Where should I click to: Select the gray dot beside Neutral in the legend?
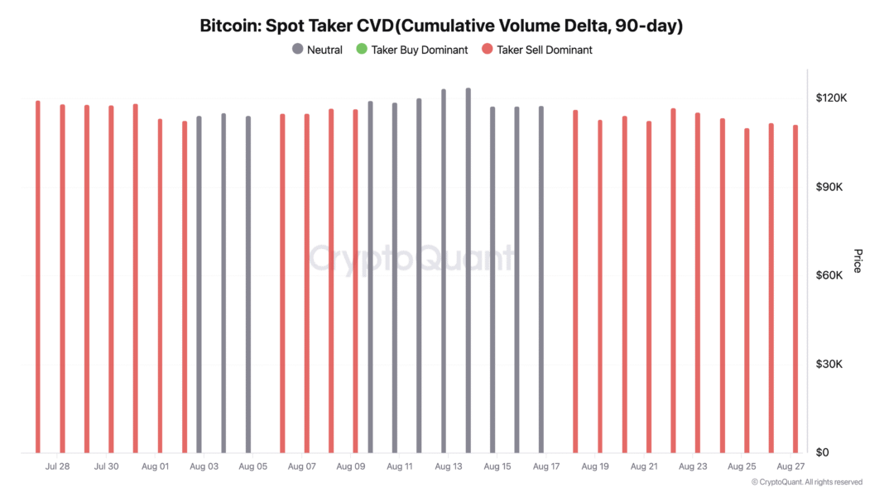(x=298, y=50)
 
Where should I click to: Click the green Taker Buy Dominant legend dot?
(x=361, y=50)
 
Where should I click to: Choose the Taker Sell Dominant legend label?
(x=544, y=50)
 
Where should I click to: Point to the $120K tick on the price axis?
(x=830, y=98)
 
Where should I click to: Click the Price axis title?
(x=858, y=260)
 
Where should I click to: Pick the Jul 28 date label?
(x=58, y=466)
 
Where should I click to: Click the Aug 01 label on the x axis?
(x=155, y=466)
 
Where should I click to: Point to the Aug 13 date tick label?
(x=447, y=466)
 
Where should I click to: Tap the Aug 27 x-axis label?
(x=789, y=466)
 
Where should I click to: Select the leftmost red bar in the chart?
(x=38, y=277)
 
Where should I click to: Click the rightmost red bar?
(x=795, y=289)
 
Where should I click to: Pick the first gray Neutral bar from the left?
(x=199, y=285)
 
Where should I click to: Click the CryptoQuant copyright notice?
(x=807, y=481)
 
